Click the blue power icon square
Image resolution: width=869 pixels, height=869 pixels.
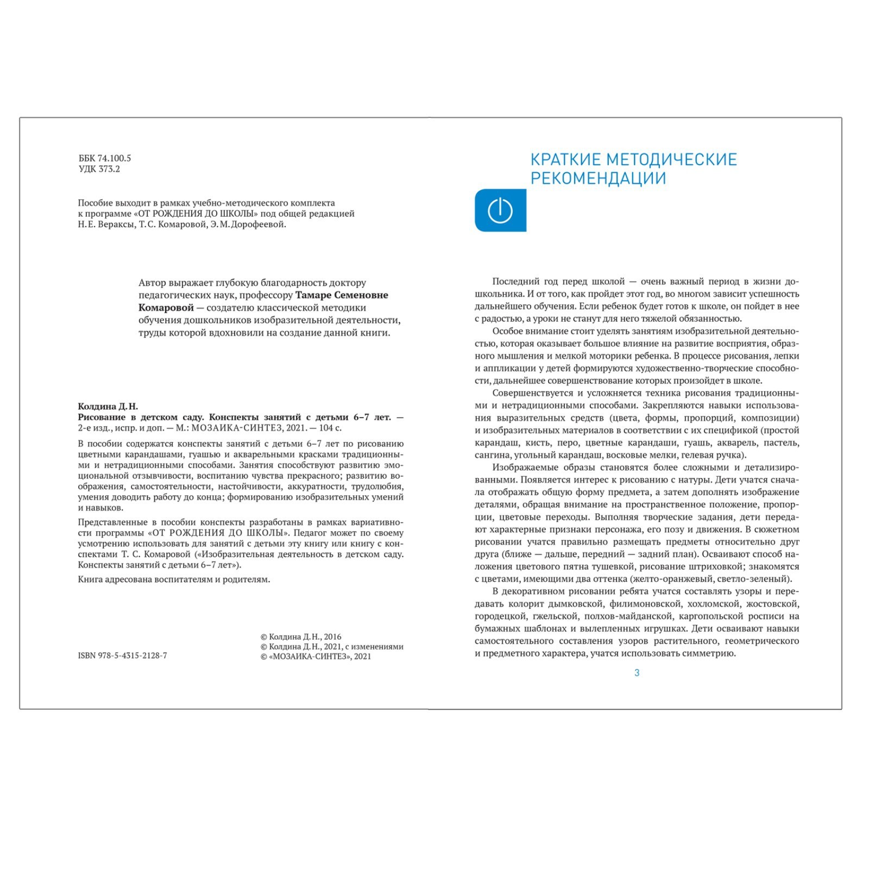click(500, 210)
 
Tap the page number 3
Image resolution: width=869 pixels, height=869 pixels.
click(637, 673)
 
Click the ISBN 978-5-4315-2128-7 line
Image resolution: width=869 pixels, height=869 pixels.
click(122, 656)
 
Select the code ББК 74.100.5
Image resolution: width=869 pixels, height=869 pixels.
click(105, 158)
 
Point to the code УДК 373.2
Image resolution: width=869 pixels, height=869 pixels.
click(99, 169)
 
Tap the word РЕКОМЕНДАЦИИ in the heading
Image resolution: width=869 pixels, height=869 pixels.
click(598, 178)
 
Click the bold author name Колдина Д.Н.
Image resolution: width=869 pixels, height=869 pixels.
click(108, 406)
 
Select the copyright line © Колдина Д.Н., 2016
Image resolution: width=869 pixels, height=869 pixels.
click(301, 637)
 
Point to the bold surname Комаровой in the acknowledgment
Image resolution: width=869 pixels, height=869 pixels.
click(166, 307)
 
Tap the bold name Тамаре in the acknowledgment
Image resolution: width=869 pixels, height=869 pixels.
click(313, 295)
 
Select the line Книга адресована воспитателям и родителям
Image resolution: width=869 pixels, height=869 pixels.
click(174, 579)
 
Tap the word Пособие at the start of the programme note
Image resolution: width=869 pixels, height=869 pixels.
click(96, 203)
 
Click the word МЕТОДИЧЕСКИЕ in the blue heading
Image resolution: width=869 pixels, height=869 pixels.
click(671, 160)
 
